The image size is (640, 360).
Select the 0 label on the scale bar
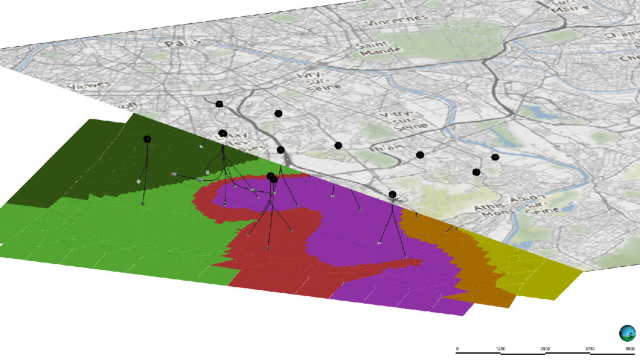coord(457,348)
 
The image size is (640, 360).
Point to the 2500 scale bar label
coord(546,348)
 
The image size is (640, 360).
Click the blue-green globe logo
coord(626,332)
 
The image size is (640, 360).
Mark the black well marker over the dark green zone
coord(147,139)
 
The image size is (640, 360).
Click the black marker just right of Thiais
coord(420,154)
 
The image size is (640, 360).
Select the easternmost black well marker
coord(495,157)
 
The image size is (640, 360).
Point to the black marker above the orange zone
coord(392,194)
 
